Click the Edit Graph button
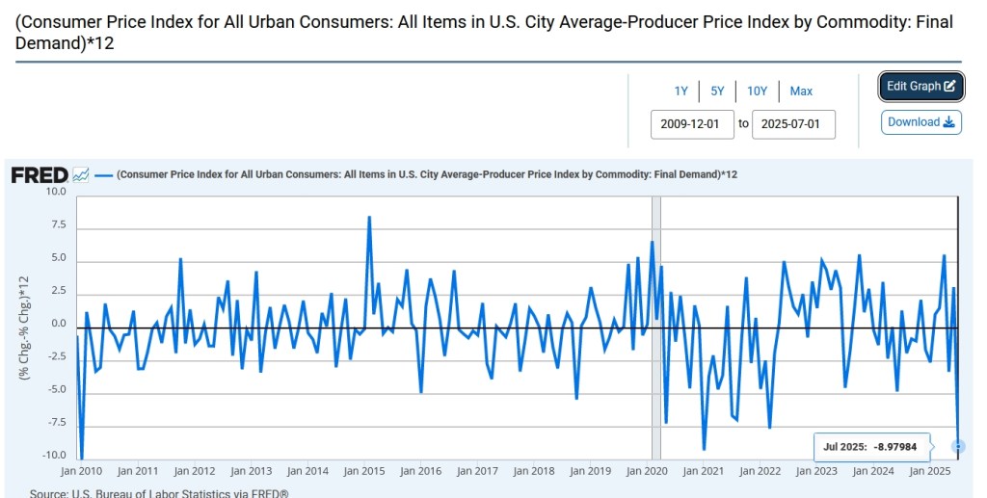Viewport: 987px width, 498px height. (920, 86)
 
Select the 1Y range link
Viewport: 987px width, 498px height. (681, 92)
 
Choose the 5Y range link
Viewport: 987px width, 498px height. (717, 92)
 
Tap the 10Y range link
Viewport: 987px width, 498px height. (757, 92)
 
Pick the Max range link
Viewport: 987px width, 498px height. (801, 92)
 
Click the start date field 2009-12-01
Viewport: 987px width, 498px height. (692, 124)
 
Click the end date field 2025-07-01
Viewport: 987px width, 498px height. (793, 124)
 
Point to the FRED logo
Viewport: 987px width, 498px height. (39, 175)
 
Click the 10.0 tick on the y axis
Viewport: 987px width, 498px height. (56, 192)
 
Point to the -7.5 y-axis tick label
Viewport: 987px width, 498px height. (56, 423)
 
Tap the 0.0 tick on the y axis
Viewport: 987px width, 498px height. (58, 324)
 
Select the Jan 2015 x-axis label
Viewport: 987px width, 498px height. (364, 472)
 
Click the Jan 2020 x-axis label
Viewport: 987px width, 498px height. (647, 472)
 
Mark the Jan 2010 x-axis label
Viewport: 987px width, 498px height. (81, 472)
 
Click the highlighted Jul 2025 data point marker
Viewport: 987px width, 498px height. (958, 446)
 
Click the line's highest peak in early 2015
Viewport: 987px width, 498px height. (369, 218)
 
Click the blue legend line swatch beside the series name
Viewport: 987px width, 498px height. (104, 175)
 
